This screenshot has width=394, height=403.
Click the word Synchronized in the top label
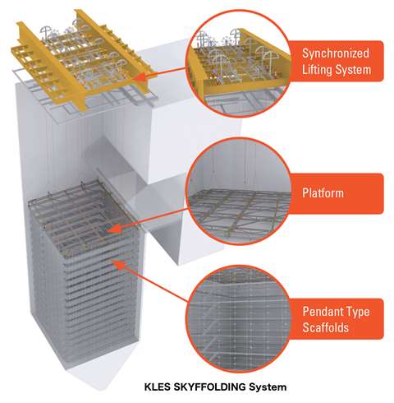pyautogui.click(x=336, y=53)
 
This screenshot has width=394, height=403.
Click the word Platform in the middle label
pyautogui.click(x=323, y=192)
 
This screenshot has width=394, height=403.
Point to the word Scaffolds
pyautogui.click(x=326, y=327)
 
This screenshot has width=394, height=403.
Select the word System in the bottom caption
pyautogui.click(x=268, y=387)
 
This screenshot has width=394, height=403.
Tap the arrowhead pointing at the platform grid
pyautogui.click(x=116, y=229)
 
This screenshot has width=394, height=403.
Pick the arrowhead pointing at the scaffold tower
pyautogui.click(x=118, y=264)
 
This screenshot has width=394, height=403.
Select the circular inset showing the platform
pyautogui.click(x=239, y=191)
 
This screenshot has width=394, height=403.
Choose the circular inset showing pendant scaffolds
pyautogui.click(x=239, y=319)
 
